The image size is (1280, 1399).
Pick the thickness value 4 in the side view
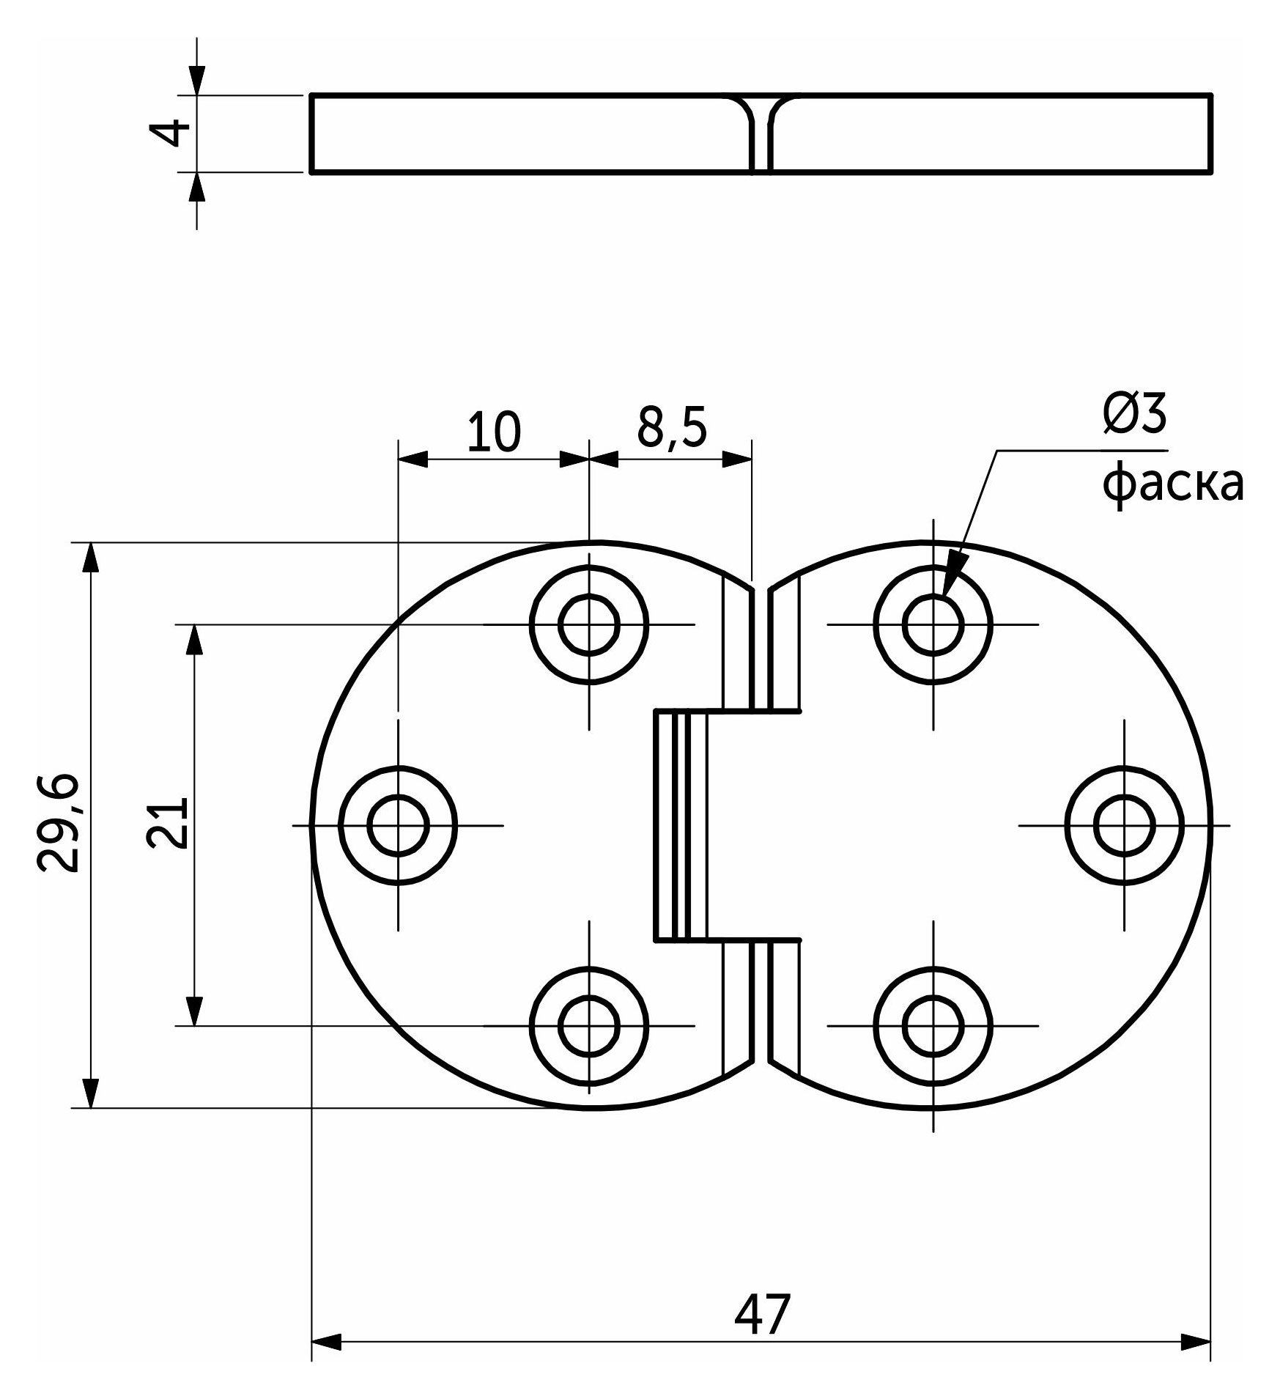click(x=169, y=133)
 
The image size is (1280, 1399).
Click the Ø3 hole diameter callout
click(x=1134, y=416)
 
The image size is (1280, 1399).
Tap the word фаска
click(x=1173, y=484)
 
